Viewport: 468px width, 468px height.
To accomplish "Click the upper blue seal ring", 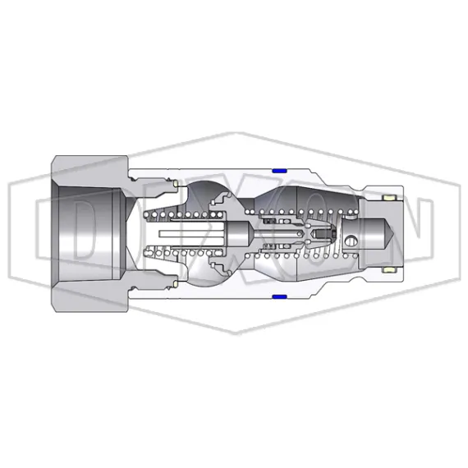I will (278, 169).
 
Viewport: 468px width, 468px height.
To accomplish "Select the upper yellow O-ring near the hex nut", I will (175, 182).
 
